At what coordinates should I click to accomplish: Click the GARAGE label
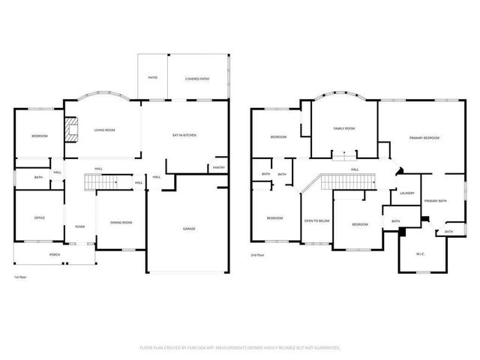pyautogui.click(x=189, y=228)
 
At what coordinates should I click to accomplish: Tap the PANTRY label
pyautogui.click(x=218, y=167)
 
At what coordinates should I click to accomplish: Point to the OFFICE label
pyautogui.click(x=40, y=217)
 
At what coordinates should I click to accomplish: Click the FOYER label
pyautogui.click(x=79, y=226)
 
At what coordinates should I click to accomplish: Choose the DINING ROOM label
pyautogui.click(x=121, y=222)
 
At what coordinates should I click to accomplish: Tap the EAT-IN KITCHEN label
pyautogui.click(x=184, y=135)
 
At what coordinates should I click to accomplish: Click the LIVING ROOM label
pyautogui.click(x=104, y=130)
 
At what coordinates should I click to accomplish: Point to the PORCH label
pyautogui.click(x=55, y=255)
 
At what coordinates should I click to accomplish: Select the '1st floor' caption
pyautogui.click(x=21, y=277)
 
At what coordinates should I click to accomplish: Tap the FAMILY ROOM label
pyautogui.click(x=344, y=128)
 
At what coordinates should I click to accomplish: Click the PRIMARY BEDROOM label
pyautogui.click(x=424, y=138)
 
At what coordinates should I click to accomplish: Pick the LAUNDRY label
pyautogui.click(x=407, y=193)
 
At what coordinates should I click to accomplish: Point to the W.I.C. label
pyautogui.click(x=421, y=254)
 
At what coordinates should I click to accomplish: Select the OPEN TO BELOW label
pyautogui.click(x=316, y=220)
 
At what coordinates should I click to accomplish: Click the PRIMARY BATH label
pyautogui.click(x=435, y=201)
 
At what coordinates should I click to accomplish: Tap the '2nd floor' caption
pyautogui.click(x=258, y=254)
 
